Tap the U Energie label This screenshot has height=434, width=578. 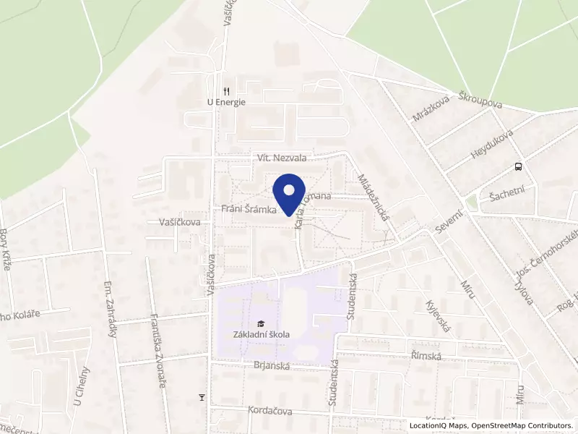[226, 102]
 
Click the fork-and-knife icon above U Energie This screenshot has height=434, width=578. [226, 91]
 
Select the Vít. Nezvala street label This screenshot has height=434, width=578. [282, 157]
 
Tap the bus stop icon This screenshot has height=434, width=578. [518, 167]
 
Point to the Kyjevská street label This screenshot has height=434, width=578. [439, 317]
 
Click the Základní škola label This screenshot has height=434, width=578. [262, 334]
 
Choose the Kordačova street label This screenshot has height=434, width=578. [269, 410]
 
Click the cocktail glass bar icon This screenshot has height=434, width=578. [202, 396]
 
